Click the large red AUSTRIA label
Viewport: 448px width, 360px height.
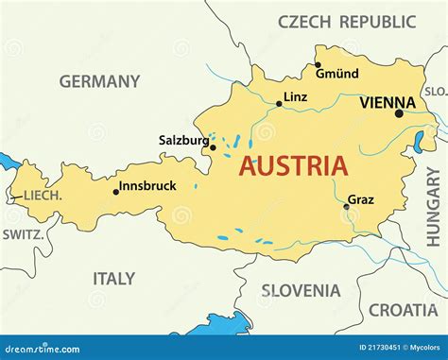coord(292,166)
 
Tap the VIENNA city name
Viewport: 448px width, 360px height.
coord(388,102)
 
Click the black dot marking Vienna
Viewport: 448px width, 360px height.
coord(399,114)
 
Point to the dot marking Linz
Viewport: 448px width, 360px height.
coord(279,104)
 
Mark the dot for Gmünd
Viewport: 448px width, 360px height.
coord(318,65)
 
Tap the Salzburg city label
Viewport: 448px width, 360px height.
coord(182,140)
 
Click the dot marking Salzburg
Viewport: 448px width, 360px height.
coord(213,147)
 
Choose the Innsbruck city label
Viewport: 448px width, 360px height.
coord(149,186)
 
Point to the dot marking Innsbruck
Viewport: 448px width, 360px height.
coord(116,192)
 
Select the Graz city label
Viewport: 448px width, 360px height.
coord(361,199)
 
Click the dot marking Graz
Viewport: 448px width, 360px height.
coord(346,207)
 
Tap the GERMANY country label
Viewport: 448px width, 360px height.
coord(99,81)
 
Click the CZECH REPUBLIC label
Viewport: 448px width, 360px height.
coord(347,21)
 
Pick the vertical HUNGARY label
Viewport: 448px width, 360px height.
coord(433,206)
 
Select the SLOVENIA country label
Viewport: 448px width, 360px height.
coord(301,291)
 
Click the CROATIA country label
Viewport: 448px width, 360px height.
coord(403,309)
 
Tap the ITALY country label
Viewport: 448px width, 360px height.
coord(113,279)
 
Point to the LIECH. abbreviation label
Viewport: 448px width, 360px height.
coord(43,196)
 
